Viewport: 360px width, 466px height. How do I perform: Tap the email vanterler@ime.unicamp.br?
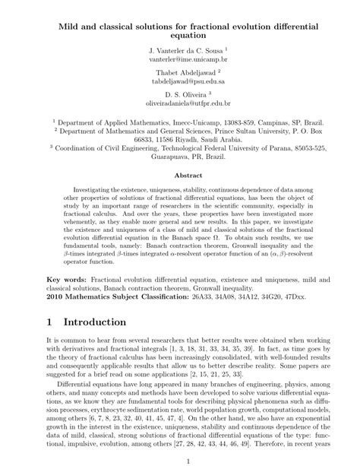179,58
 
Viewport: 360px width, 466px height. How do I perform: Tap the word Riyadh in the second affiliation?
177,140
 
